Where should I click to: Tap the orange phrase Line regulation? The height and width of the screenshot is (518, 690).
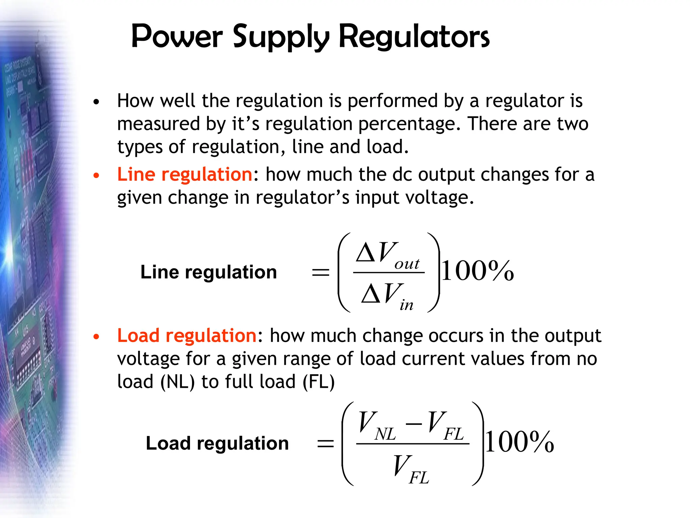coord(185,175)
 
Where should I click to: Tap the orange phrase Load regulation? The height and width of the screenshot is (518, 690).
coord(187,336)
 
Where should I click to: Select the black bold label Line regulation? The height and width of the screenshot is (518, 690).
coord(209,272)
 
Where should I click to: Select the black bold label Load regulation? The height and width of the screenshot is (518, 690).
coord(217,443)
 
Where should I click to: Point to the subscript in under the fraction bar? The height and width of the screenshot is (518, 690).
coord(406,305)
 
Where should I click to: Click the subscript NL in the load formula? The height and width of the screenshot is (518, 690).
coord(385,434)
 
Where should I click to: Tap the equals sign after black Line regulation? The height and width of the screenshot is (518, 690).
coord(320,272)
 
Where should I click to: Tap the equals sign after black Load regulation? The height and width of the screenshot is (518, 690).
coord(325,443)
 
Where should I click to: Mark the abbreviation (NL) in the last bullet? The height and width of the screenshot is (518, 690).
coord(178,382)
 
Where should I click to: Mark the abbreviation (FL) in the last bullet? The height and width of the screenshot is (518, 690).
coord(318,382)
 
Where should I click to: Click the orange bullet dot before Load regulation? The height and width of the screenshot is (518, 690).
coord(96,337)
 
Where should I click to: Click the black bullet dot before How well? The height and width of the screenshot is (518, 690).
coord(96,102)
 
